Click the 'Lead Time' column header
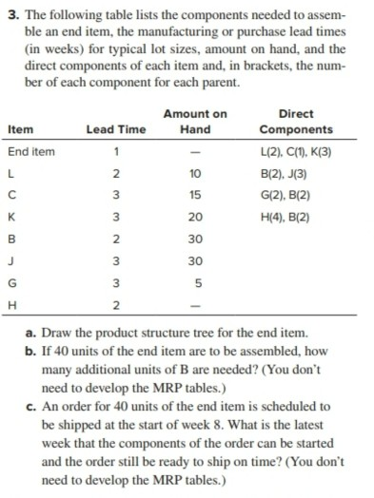(x=114, y=130)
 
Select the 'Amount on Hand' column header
(x=195, y=122)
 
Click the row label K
(x=11, y=218)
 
